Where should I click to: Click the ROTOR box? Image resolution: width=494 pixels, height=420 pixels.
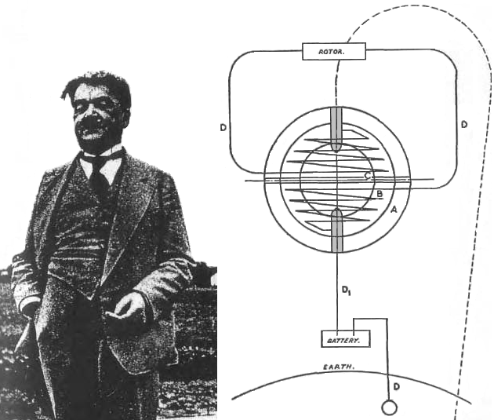tap(334, 51)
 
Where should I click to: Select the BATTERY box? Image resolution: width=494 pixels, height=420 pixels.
tap(345, 339)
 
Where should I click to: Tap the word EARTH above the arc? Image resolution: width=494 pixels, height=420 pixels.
tap(339, 367)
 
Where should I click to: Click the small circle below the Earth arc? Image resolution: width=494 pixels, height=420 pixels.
tap(389, 407)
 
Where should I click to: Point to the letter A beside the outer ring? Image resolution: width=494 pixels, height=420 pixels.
tap(394, 209)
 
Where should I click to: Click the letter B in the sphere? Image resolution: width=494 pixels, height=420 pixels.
tap(380, 194)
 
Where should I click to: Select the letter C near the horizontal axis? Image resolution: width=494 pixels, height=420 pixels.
tap(368, 175)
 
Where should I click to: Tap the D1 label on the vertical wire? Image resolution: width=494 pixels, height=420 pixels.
tap(347, 290)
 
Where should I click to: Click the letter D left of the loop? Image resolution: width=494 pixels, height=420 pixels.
tap(223, 128)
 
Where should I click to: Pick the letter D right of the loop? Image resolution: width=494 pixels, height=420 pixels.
tap(464, 125)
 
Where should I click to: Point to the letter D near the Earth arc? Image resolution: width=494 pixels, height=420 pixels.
tap(397, 386)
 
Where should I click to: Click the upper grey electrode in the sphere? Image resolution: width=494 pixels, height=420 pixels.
tap(336, 130)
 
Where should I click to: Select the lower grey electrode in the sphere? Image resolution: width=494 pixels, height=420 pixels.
tap(337, 230)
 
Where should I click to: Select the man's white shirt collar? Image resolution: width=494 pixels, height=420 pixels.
tap(101, 164)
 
